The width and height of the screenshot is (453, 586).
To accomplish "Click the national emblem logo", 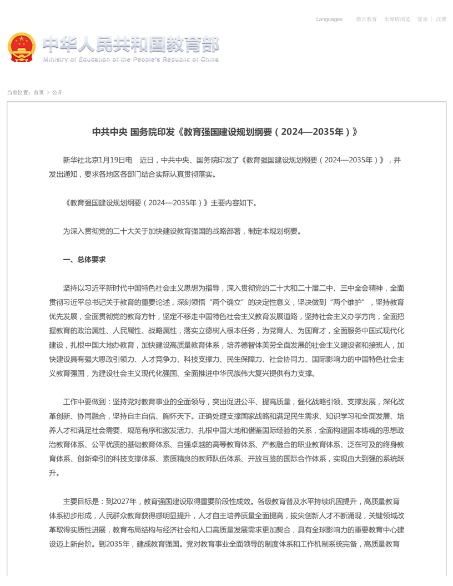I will tap(21, 47).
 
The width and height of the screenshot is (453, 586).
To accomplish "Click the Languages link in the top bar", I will tap(329, 19).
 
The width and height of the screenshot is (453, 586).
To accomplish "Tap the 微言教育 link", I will tap(366, 19).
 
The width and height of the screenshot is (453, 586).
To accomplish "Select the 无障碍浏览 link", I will tap(397, 19).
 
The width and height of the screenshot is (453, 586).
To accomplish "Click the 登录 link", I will tap(422, 19).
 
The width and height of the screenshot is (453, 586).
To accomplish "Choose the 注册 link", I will tap(441, 19).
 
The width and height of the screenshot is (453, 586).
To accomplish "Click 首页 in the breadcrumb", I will tap(38, 92).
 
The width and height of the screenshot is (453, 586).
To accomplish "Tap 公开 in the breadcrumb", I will tap(57, 92).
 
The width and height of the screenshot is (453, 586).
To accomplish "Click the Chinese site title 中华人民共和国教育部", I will tap(130, 44).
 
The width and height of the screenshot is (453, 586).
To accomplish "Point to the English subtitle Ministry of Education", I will tap(130, 59).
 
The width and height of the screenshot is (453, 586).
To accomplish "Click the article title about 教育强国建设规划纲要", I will tap(225, 132).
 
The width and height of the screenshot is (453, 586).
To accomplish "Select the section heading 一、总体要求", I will tap(84, 260).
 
